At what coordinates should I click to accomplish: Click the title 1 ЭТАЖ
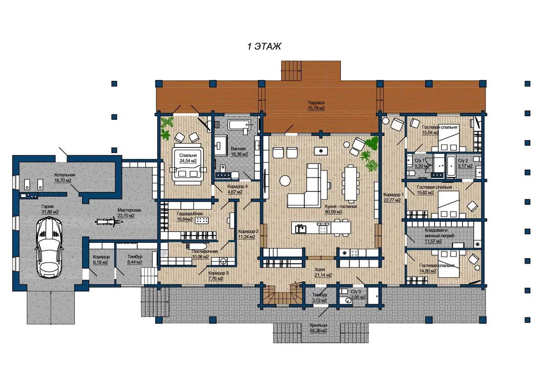pyautogui.click(x=264, y=46)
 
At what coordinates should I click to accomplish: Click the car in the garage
pyautogui.click(x=49, y=247)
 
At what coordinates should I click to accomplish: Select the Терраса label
pyautogui.click(x=316, y=103)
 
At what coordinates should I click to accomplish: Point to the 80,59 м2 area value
pyautogui.click(x=334, y=212)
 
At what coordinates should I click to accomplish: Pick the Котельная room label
pyautogui.click(x=64, y=175)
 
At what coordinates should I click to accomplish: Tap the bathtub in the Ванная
pyautogui.click(x=240, y=124)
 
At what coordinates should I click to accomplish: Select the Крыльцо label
pyautogui.click(x=318, y=325)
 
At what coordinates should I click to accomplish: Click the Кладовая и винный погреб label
pyautogui.click(x=439, y=233)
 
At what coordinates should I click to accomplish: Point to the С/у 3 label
pyautogui.click(x=356, y=291)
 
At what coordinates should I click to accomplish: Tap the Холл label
pyautogui.click(x=320, y=270)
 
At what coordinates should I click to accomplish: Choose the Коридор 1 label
pyautogui.click(x=393, y=195)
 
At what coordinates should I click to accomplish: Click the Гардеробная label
pyautogui.click(x=189, y=213)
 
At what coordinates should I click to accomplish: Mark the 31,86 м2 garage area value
pyautogui.click(x=50, y=212)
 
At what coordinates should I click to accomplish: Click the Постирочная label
pyautogui.click(x=205, y=251)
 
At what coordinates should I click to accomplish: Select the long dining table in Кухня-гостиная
pyautogui.click(x=350, y=183)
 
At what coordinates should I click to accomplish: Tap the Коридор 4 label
pyautogui.click(x=237, y=187)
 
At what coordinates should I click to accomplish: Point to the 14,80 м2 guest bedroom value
pyautogui.click(x=427, y=271)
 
